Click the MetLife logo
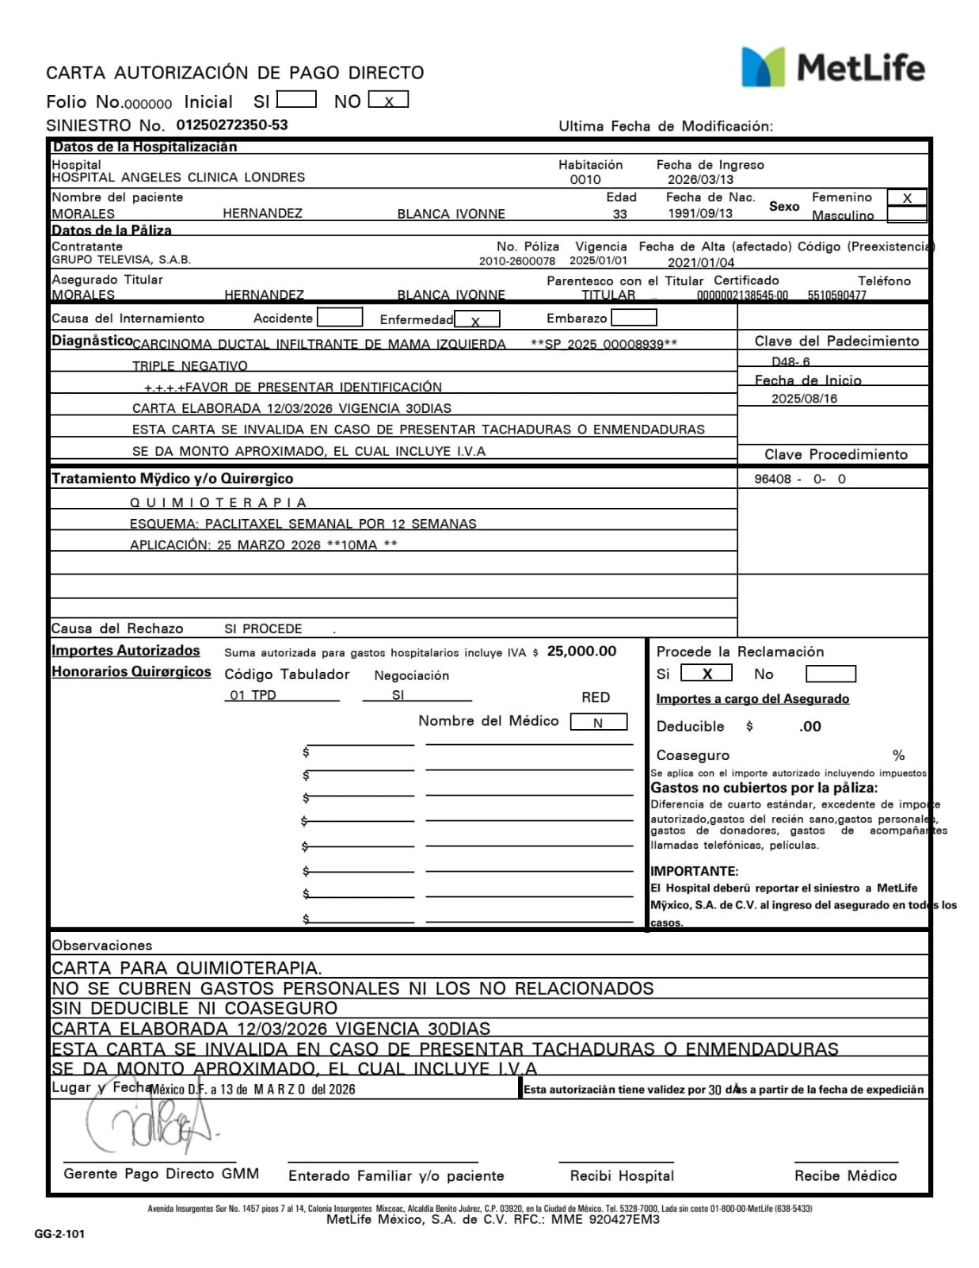(832, 67)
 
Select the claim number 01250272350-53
(231, 125)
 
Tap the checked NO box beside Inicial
(388, 101)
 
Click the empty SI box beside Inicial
(296, 100)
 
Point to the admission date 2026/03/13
(700, 180)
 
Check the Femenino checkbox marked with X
(907, 198)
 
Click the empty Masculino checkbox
(907, 215)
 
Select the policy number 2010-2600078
(516, 261)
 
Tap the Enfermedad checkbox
(477, 319)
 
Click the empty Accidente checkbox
(340, 318)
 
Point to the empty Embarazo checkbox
(634, 318)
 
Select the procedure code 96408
(772, 479)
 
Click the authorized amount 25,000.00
(581, 651)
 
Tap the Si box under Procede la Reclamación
(706, 674)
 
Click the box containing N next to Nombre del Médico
(598, 722)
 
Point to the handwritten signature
(150, 1126)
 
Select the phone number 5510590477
(836, 296)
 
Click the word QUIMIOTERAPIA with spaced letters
(218, 503)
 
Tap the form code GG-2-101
(59, 1234)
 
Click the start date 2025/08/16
(804, 399)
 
